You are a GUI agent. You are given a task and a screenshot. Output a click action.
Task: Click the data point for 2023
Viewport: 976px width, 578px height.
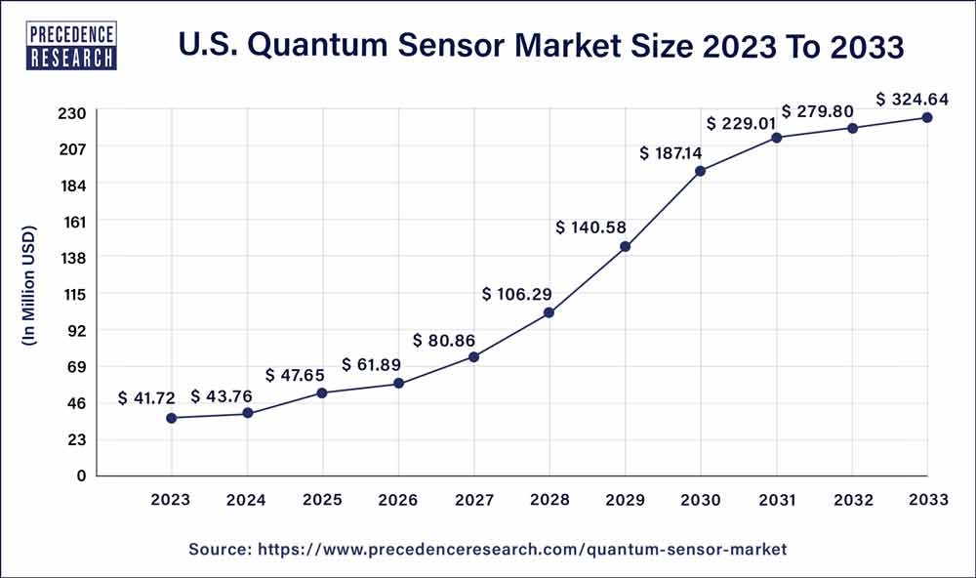[172, 418]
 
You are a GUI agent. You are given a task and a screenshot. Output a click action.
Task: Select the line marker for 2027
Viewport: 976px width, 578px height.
[473, 357]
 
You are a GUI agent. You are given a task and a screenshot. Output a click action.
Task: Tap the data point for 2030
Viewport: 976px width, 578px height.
[700, 171]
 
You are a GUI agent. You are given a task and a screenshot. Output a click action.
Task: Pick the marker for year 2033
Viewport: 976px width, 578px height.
[926, 118]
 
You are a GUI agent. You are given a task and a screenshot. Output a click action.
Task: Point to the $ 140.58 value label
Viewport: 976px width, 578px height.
[591, 227]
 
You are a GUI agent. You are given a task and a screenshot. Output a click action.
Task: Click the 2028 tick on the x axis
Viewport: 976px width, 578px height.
[549, 500]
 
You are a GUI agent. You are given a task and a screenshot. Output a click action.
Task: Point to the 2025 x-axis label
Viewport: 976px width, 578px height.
[322, 500]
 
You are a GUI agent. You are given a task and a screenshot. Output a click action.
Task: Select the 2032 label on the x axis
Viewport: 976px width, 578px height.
[851, 500]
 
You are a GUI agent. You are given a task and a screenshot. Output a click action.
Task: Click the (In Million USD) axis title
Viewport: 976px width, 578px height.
[29, 287]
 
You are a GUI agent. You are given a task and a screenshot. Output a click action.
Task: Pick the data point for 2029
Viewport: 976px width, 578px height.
[625, 247]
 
